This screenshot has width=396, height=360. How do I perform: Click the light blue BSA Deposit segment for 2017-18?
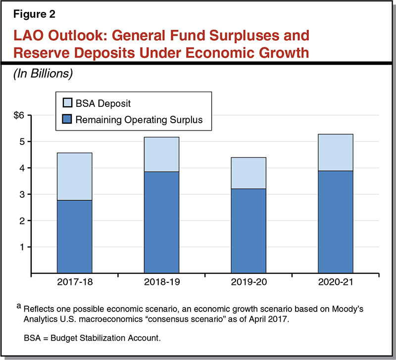coord(74,177)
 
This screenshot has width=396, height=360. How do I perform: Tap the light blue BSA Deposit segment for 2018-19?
coord(161,154)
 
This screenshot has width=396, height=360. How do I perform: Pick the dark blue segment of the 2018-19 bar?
coord(161,222)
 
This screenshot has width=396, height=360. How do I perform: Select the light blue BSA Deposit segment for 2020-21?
coord(335,152)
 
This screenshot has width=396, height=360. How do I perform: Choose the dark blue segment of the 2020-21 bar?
coord(335,222)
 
